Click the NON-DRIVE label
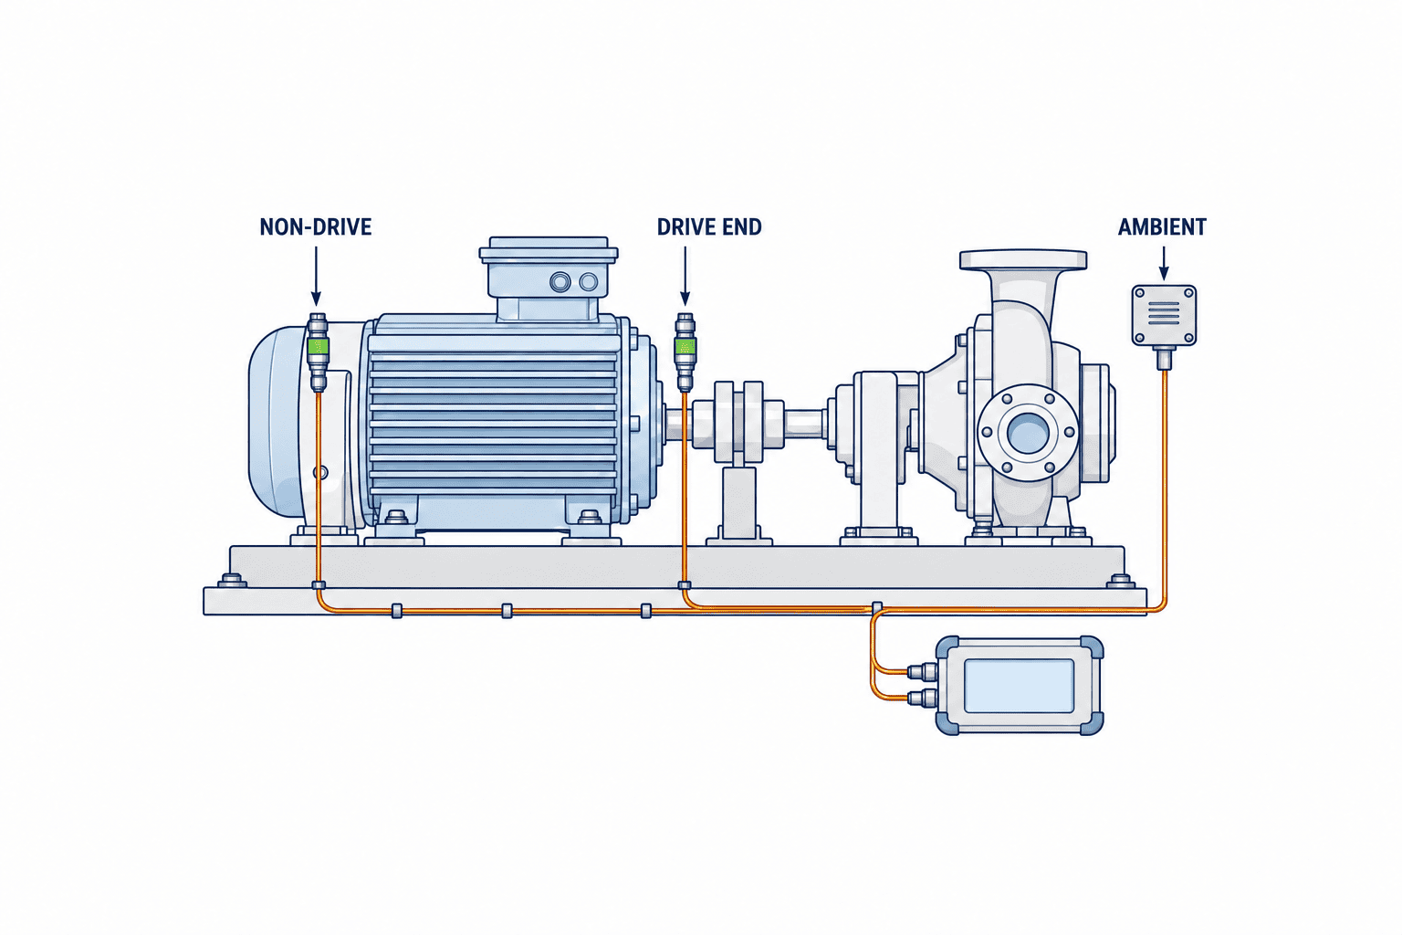pyautogui.click(x=316, y=226)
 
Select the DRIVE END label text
pyautogui.click(x=709, y=226)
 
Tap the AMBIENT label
pyautogui.click(x=1162, y=226)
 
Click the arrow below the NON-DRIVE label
pyautogui.click(x=316, y=276)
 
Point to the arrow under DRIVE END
pyautogui.click(x=685, y=276)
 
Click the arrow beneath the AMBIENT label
pyautogui.click(x=1164, y=263)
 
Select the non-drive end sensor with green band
pyautogui.click(x=318, y=352)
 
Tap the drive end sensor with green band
pyautogui.click(x=685, y=352)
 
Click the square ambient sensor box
pyautogui.click(x=1164, y=315)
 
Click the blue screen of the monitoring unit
pyautogui.click(x=1019, y=686)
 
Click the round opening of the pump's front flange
pyautogui.click(x=1029, y=432)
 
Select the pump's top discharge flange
pyautogui.click(x=1023, y=260)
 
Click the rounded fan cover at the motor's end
pyautogui.click(x=282, y=423)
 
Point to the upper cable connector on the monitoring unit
pyautogui.click(x=923, y=672)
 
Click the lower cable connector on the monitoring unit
pyautogui.click(x=923, y=698)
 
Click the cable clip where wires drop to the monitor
pyautogui.click(x=877, y=607)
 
